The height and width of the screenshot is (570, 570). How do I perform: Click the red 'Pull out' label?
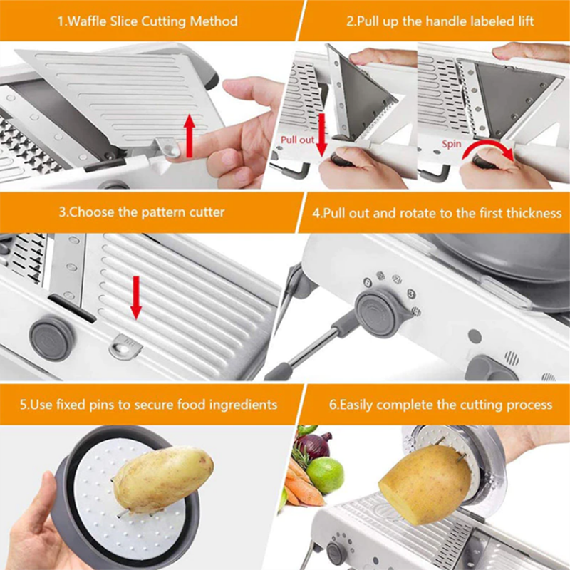[297, 140]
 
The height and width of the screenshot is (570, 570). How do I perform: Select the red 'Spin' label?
[452, 144]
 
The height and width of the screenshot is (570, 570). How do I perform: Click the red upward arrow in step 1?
[190, 136]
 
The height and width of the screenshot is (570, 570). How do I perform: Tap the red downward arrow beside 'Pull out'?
[322, 135]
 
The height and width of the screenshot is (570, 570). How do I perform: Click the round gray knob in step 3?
[52, 339]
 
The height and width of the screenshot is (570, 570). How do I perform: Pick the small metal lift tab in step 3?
[125, 347]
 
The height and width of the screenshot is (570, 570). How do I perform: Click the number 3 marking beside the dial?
[411, 294]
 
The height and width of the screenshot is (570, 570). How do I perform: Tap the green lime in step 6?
[325, 475]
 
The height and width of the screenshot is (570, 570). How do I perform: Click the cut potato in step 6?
[426, 483]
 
